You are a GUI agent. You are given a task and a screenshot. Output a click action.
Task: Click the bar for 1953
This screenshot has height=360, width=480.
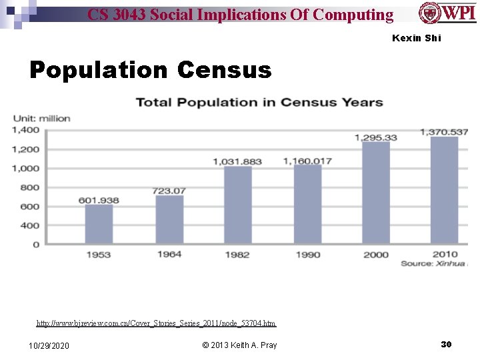[x=99, y=224]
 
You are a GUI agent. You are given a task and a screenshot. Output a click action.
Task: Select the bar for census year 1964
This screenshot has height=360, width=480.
[x=169, y=219]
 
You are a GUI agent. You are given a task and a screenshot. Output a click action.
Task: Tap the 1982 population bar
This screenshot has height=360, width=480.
[x=237, y=205]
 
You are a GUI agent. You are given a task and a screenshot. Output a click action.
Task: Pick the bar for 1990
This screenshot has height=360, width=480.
[x=307, y=203]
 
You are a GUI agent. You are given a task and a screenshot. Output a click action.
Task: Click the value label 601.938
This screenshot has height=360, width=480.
[x=99, y=200]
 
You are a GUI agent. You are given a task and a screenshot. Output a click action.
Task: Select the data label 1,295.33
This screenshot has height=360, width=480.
[x=375, y=137]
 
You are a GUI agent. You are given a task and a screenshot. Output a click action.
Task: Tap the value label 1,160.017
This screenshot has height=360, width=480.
[x=307, y=161]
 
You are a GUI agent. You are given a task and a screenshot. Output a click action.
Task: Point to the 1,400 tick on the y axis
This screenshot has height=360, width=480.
[x=25, y=130]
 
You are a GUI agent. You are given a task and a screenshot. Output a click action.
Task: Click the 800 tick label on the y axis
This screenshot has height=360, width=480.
[x=30, y=187]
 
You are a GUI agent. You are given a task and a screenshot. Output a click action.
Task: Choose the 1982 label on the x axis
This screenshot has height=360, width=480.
[x=237, y=255]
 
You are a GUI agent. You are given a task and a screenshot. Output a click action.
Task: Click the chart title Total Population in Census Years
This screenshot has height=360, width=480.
[x=259, y=102]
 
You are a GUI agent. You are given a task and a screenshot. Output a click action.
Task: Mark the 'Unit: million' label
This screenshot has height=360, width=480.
[x=41, y=118]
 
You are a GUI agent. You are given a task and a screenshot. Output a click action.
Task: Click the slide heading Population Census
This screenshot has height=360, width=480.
[x=151, y=69]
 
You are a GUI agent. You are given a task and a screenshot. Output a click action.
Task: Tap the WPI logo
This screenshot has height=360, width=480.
[x=447, y=13]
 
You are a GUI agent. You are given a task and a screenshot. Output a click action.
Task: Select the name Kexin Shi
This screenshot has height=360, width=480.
[x=417, y=38]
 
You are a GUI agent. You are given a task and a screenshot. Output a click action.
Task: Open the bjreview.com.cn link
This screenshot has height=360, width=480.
[x=156, y=323]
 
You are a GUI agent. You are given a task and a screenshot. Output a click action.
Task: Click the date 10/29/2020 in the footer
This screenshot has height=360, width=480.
[x=49, y=345]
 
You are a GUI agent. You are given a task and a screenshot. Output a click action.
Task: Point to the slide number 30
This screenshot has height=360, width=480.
[x=446, y=344]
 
